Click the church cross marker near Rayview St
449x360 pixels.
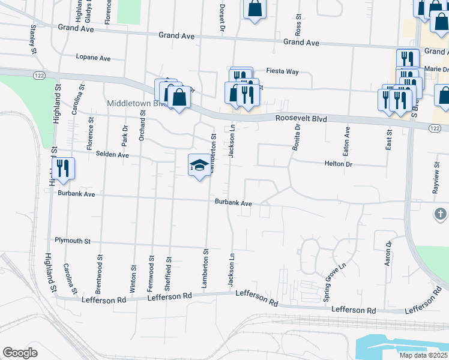coord(440,214)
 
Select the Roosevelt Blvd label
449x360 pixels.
coord(301,119)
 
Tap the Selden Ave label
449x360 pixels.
coord(112,154)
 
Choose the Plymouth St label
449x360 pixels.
coord(72,241)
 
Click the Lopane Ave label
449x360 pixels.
coord(93,58)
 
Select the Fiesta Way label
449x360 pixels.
coord(283,71)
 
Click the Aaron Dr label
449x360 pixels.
coord(388,254)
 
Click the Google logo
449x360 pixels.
coord(20,353)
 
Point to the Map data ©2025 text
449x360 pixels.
coord(424,355)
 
